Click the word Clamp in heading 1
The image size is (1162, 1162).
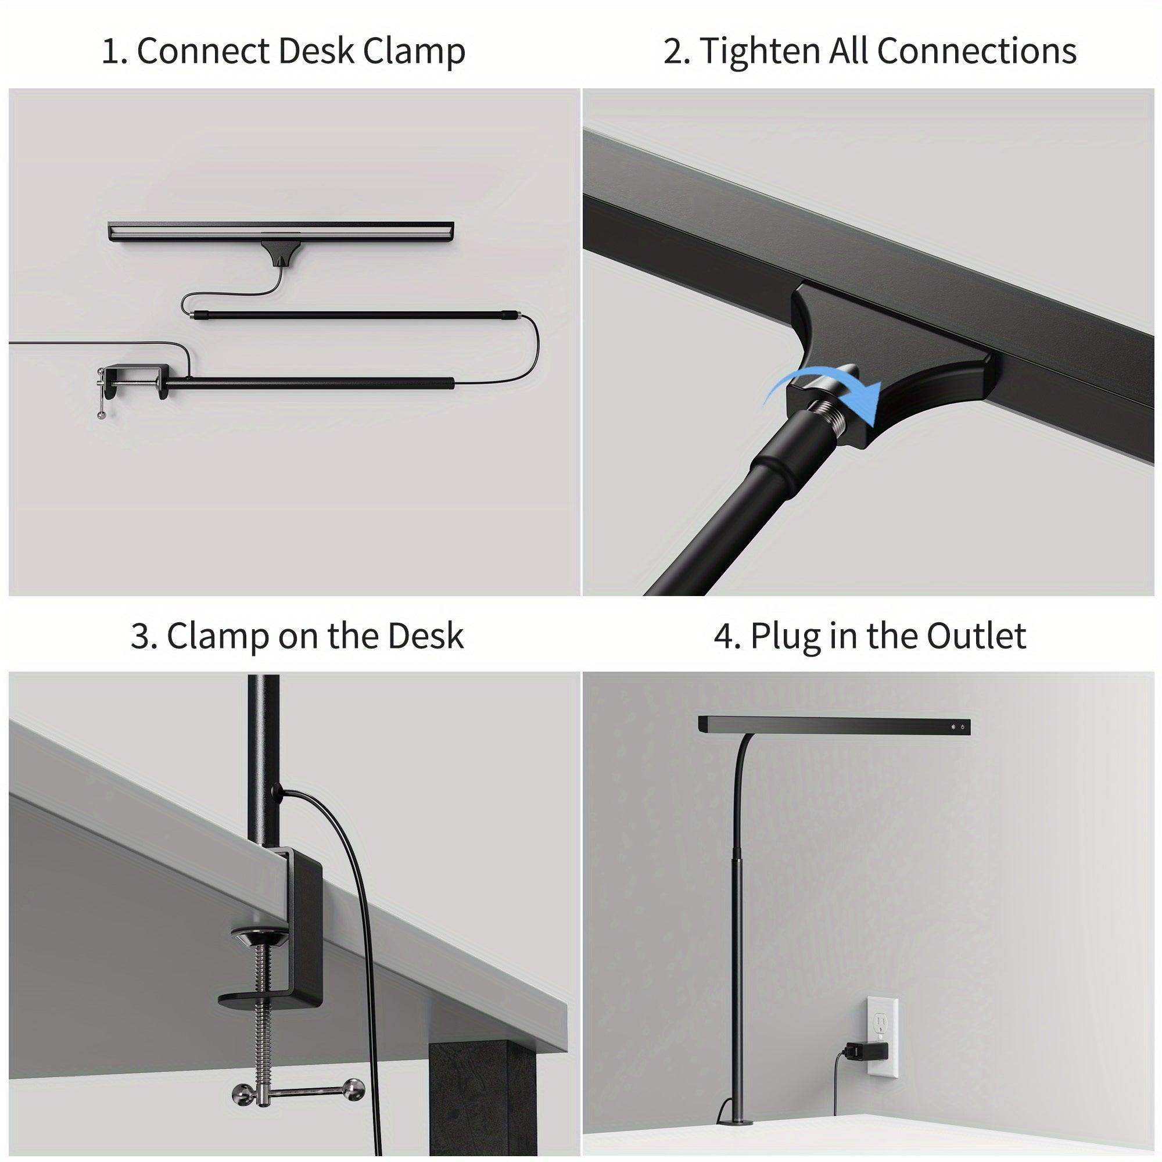click(414, 52)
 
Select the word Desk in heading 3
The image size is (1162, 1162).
click(426, 636)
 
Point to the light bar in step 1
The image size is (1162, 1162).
click(280, 232)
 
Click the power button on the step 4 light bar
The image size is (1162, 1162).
click(963, 727)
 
